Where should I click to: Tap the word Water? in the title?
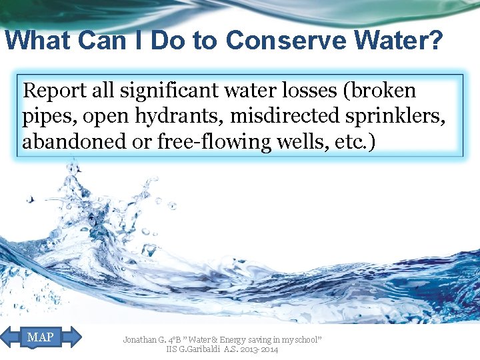[x=404, y=41]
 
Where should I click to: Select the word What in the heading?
[x=37, y=41]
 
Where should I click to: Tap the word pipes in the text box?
[x=43, y=117]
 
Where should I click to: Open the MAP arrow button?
[x=42, y=337]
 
